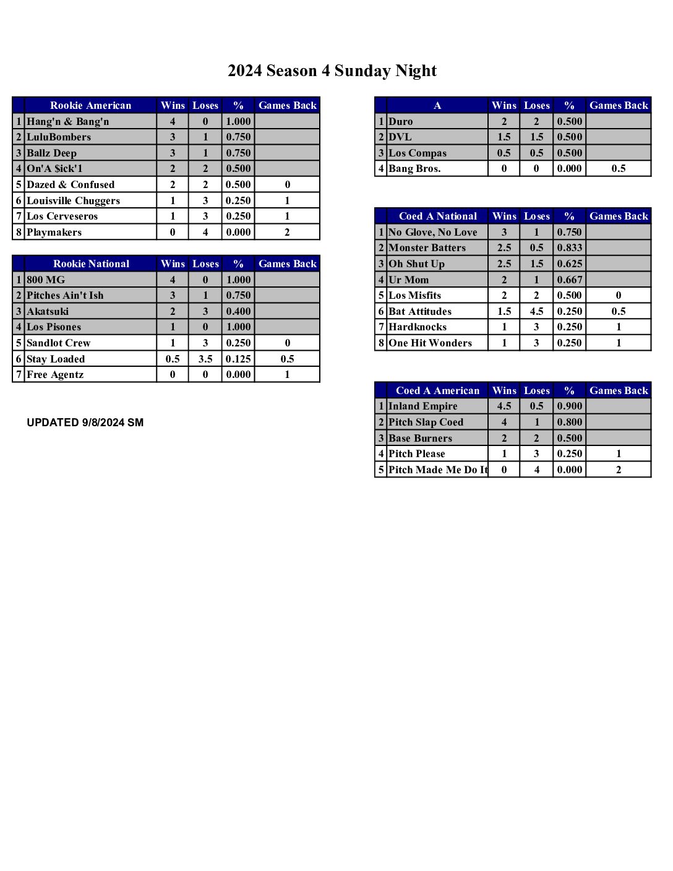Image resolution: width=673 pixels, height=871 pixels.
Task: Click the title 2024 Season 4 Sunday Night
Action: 332,71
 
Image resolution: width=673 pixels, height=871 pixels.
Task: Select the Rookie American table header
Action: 90,105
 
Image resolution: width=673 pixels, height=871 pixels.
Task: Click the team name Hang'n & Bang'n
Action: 67,121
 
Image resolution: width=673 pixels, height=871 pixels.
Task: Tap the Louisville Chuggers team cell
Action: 73,200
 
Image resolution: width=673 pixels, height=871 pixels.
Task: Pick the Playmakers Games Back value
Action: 287,232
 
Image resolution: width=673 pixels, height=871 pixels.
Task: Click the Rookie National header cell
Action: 91,264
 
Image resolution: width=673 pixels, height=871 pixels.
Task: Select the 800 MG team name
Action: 46,280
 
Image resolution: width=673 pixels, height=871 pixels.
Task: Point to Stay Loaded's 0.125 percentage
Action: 238,359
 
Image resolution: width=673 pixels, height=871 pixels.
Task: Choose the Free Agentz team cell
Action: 55,374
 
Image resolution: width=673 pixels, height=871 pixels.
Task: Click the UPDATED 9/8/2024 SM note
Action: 85,423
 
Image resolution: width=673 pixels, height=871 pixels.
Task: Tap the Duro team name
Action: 400,121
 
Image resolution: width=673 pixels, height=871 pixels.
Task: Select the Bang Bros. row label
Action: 414,168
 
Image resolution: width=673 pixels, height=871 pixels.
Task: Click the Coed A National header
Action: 438,216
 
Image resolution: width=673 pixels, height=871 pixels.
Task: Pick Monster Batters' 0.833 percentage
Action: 569,247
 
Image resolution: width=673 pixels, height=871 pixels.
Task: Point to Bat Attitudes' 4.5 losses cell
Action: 536,311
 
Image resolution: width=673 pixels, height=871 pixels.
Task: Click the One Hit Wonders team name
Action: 430,343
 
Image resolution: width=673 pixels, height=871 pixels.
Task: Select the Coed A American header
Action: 437,390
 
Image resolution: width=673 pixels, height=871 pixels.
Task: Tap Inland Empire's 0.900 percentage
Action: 569,406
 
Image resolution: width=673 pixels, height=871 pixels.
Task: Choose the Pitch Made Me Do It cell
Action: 437,470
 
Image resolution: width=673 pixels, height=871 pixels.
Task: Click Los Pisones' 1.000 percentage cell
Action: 238,327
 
